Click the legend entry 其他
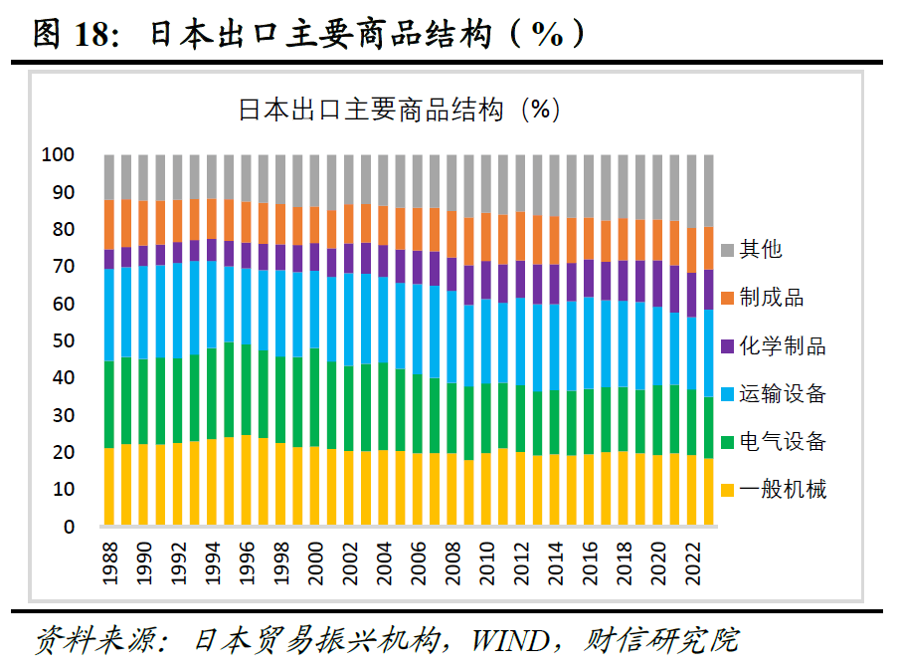click(x=762, y=250)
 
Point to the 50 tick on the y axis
click(x=64, y=341)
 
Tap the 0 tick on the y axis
click(x=70, y=528)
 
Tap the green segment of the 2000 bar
click(x=313, y=397)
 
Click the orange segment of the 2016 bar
click(x=589, y=239)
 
